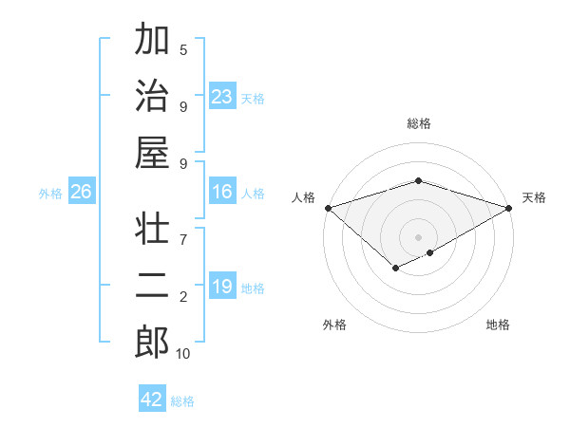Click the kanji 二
[152, 286]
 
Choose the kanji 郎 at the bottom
[152, 341]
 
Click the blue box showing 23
[222, 97]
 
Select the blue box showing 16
[222, 193]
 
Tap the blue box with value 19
[222, 287]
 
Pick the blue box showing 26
[82, 193]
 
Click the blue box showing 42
[152, 400]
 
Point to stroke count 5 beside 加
[183, 49]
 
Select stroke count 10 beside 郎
[183, 354]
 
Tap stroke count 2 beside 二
[183, 297]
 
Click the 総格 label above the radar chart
[419, 123]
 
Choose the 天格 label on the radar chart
[534, 197]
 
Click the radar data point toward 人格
[328, 207]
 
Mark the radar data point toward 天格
[509, 207]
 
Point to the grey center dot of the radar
[418, 236]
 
